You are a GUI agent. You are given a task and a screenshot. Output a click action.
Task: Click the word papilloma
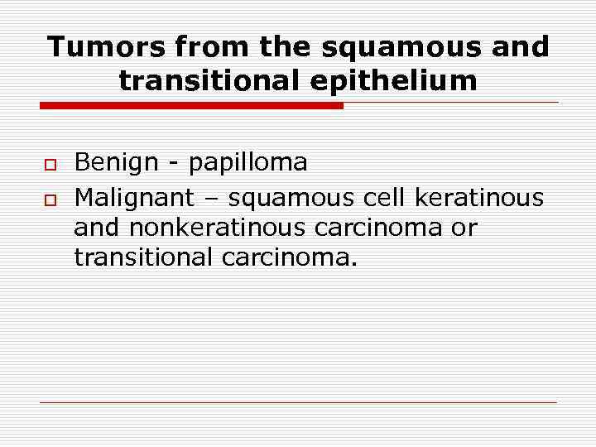pyautogui.click(x=248, y=163)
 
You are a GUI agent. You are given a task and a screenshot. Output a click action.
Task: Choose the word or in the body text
pyautogui.click(x=464, y=228)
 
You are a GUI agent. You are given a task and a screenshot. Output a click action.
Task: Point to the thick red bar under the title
pyautogui.click(x=191, y=106)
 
